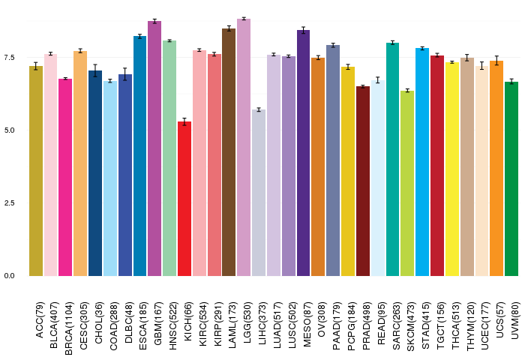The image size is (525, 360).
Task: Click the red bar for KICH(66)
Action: tap(184, 199)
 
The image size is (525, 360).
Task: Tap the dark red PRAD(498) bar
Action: tap(363, 181)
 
